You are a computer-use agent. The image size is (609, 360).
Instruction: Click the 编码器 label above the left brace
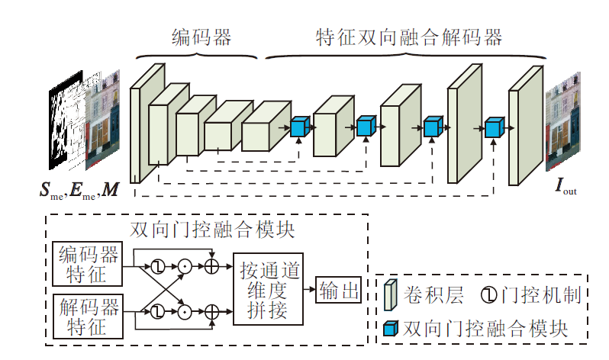[x=201, y=35]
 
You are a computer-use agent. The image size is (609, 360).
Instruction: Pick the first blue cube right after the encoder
[x=300, y=127]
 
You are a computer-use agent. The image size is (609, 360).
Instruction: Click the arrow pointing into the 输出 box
[x=308, y=289]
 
